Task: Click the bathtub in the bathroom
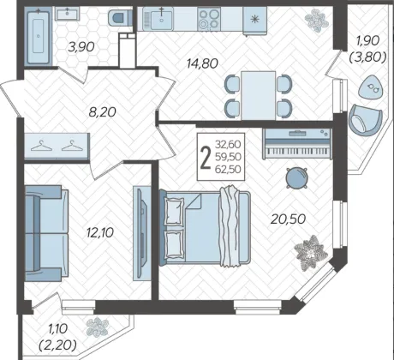click(x=38, y=36)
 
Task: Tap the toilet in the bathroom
click(x=120, y=17)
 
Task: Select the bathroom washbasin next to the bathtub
click(x=67, y=14)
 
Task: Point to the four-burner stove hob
click(x=209, y=19)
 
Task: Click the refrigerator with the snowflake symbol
click(x=254, y=20)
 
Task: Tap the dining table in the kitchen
click(x=258, y=96)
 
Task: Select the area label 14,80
click(x=202, y=63)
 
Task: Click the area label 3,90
click(x=81, y=46)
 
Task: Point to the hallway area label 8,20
click(x=102, y=111)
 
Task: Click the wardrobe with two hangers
click(x=57, y=146)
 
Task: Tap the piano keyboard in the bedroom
click(x=297, y=144)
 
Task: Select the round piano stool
click(x=297, y=178)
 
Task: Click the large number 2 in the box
click(x=206, y=158)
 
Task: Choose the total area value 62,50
click(x=228, y=170)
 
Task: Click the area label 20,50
click(x=288, y=219)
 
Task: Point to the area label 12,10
click(x=100, y=232)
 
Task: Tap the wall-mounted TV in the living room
click(x=142, y=233)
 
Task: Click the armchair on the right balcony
click(x=365, y=120)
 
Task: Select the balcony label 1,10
click(x=58, y=329)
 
